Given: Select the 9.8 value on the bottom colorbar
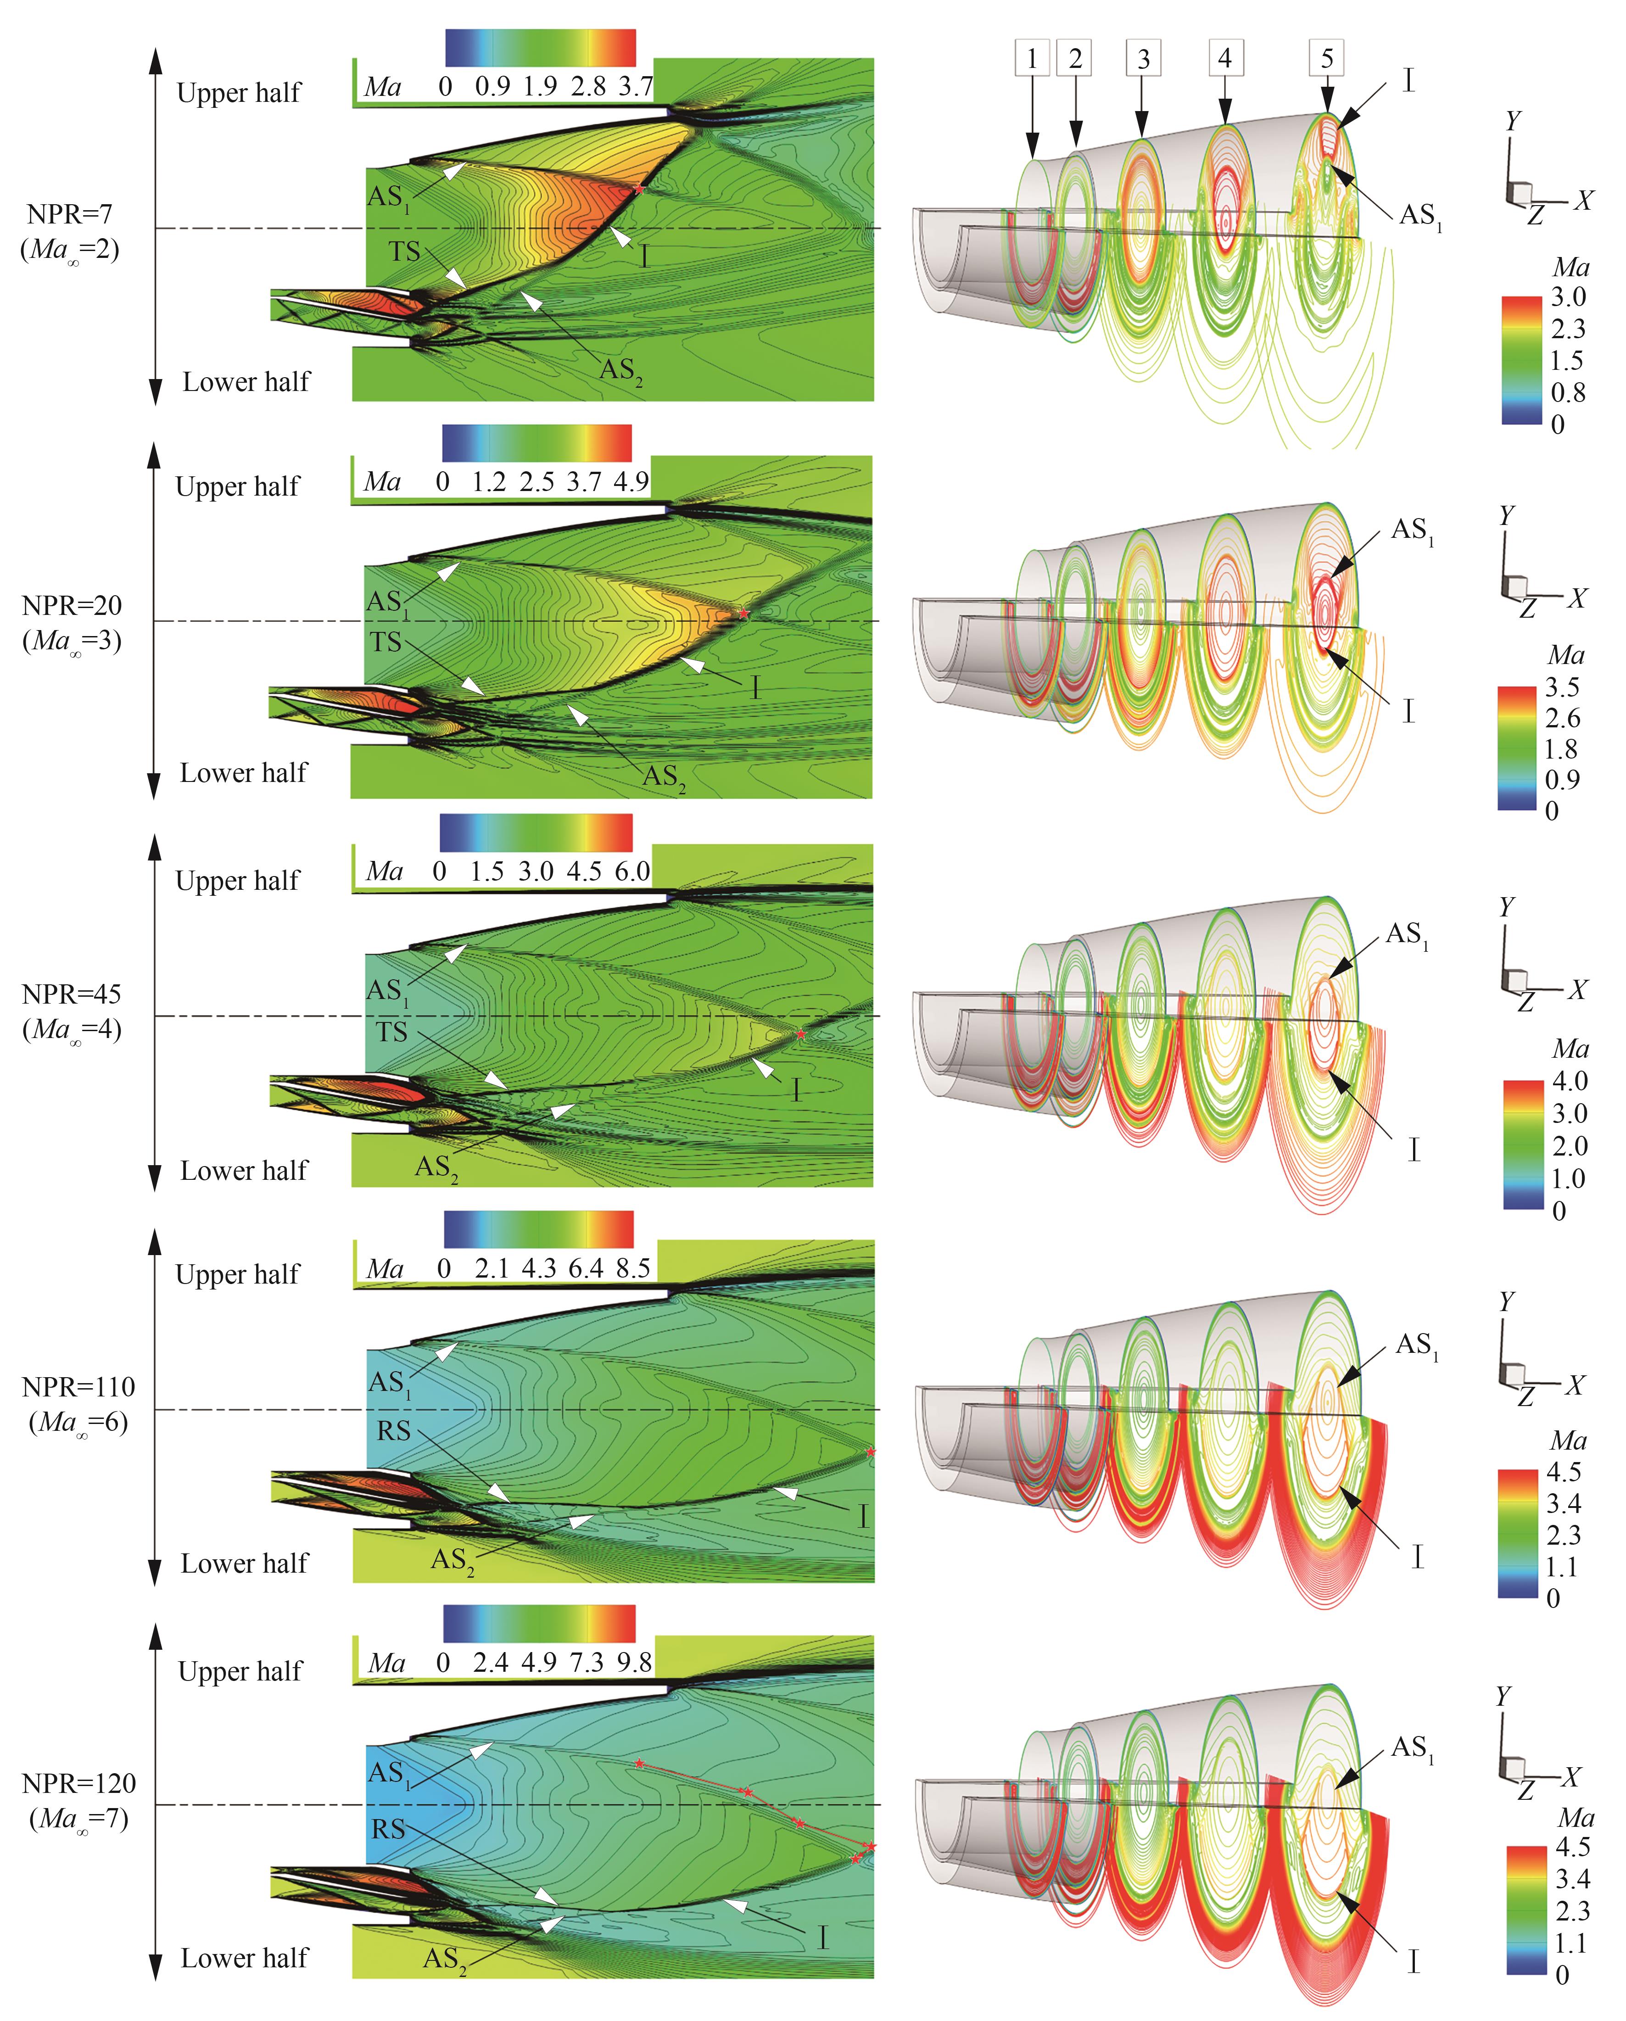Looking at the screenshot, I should (x=634, y=1662).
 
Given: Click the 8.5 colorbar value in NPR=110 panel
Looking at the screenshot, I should (x=633, y=1268).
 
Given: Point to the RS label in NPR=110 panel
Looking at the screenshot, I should (x=394, y=1430).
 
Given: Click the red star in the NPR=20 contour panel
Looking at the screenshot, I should (x=743, y=613).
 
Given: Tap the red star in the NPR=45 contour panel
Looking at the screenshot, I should (x=801, y=1034).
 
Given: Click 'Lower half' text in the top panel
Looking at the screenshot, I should (x=246, y=381).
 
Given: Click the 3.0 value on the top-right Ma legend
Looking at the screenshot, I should (x=1568, y=297).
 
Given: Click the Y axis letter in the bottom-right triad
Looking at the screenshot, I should (x=1503, y=1697).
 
